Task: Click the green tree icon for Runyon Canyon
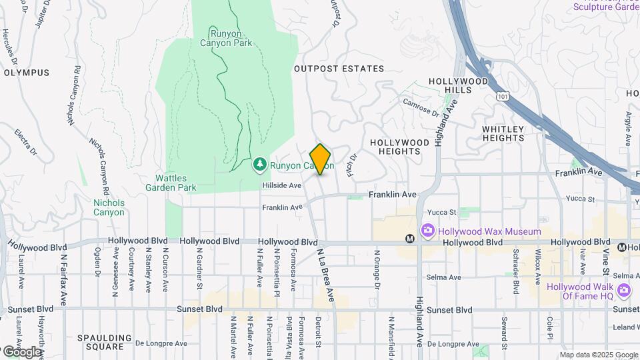[x=259, y=164]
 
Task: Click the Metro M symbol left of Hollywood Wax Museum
[x=410, y=239]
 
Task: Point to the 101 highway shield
[x=502, y=96]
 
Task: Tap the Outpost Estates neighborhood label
[x=339, y=69]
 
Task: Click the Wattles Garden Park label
[x=176, y=183]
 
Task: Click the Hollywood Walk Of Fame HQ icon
[x=623, y=289]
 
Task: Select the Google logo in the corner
[x=21, y=351]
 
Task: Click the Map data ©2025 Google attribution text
[x=598, y=355]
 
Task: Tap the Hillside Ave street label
[x=283, y=185]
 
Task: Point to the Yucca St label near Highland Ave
[x=443, y=213]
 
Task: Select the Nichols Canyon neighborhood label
[x=109, y=207]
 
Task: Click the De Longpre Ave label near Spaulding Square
[x=159, y=344]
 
